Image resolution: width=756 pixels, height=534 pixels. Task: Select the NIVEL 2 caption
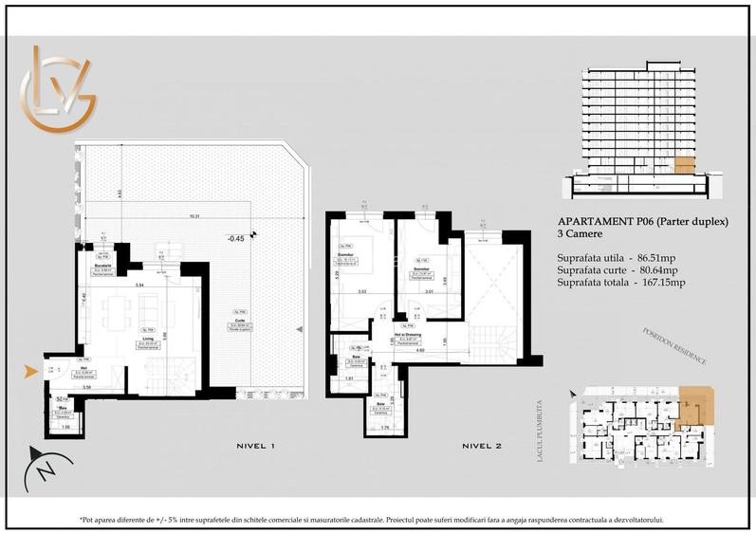tap(483, 445)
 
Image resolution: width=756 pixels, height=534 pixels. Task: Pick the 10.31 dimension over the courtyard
tap(194, 215)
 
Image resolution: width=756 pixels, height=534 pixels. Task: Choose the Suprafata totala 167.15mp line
tap(621, 283)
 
